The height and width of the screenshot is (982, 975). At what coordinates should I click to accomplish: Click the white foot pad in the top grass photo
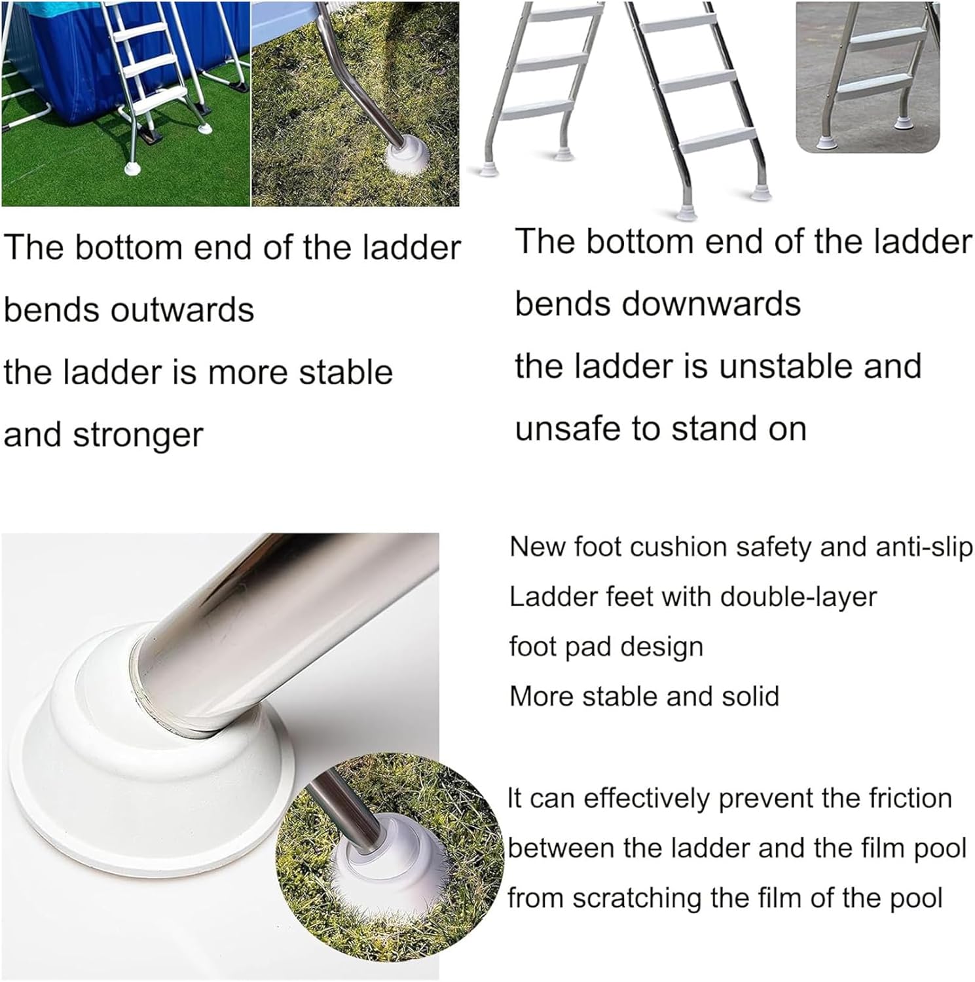tap(407, 160)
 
